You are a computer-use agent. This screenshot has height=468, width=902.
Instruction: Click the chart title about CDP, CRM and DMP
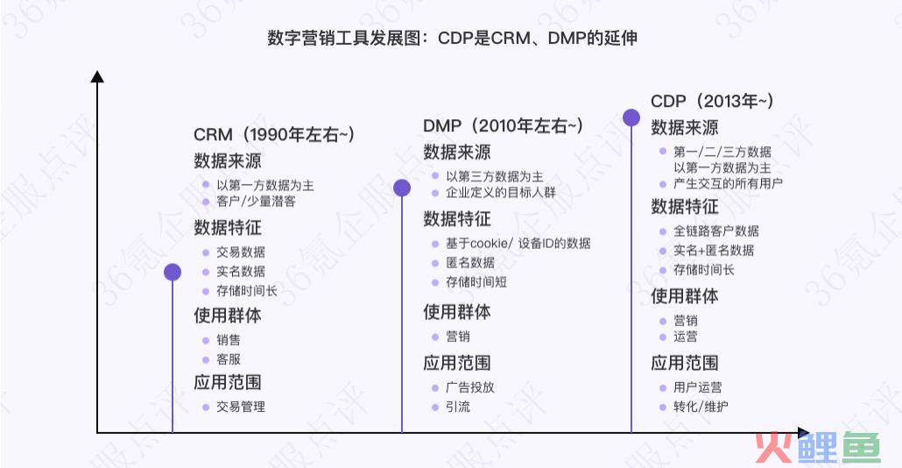pos(452,38)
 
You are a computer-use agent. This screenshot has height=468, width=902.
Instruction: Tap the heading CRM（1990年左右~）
pos(274,135)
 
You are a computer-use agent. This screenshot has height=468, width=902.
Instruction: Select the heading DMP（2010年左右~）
pos(504,126)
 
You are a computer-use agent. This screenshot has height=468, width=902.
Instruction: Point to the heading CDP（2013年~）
pos(712,102)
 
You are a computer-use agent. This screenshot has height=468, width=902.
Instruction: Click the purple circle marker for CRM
pos(173,273)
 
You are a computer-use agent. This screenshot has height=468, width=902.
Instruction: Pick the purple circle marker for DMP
pos(402,188)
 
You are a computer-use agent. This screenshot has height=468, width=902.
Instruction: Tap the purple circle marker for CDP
pos(631,117)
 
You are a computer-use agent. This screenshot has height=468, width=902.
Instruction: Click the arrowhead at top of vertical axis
pos(97,76)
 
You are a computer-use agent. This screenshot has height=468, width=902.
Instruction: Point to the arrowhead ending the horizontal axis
pos(804,432)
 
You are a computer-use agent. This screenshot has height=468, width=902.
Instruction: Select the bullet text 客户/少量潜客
pos(256,202)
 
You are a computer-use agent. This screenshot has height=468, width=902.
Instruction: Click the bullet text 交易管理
pos(241,407)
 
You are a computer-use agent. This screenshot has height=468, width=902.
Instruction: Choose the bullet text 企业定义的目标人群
pos(501,193)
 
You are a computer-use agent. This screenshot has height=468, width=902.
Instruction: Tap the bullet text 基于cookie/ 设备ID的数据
pos(518,244)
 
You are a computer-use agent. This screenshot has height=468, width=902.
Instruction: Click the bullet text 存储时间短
pos(476,282)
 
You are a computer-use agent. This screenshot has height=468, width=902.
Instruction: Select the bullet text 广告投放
pos(470,387)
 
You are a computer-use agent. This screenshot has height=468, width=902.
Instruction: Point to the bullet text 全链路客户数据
pos(716,231)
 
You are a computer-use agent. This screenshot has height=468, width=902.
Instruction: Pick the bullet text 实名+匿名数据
pos(714,251)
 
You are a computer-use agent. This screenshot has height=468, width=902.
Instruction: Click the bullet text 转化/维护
pos(701,407)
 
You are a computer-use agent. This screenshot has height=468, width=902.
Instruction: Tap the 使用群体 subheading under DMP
pos(457,312)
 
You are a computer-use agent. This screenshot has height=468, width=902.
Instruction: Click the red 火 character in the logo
pos(775,447)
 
